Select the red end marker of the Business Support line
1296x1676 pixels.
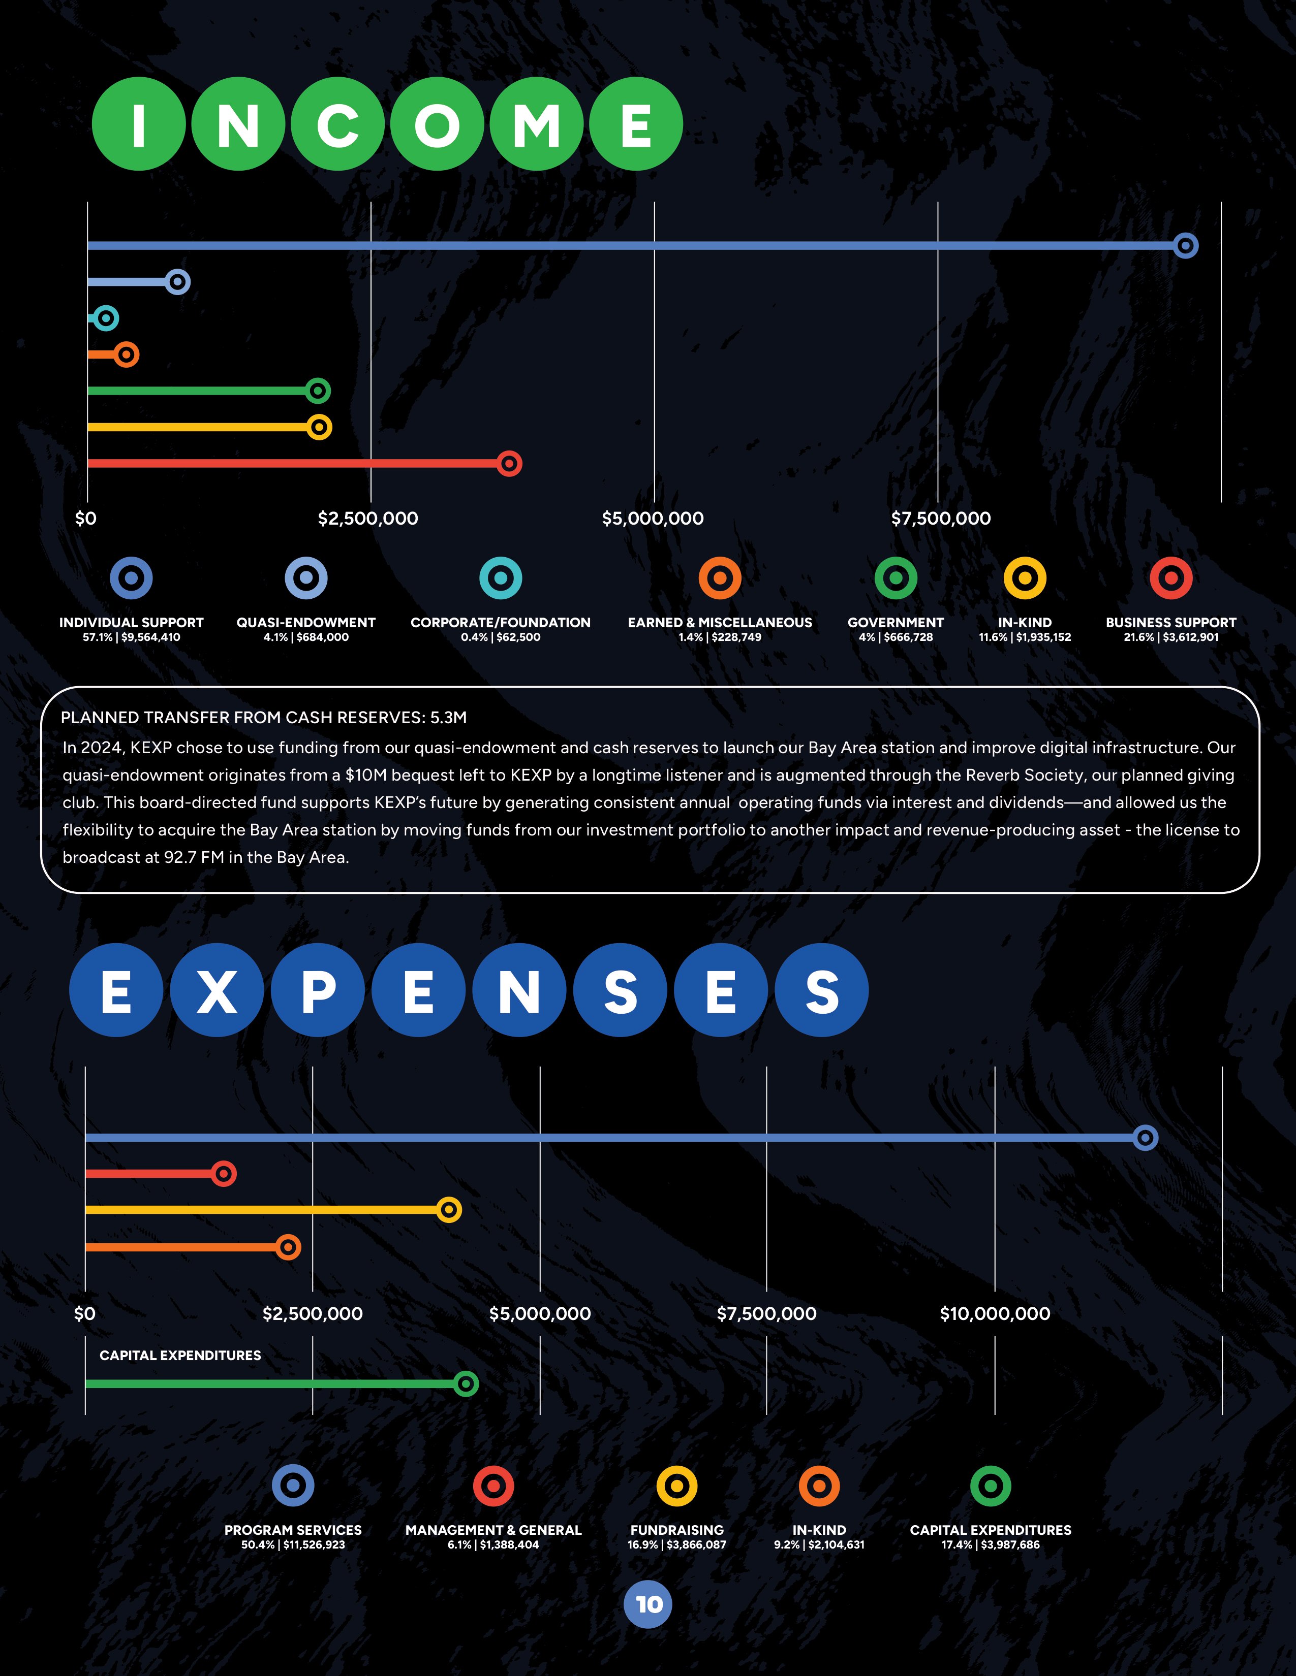click(x=509, y=464)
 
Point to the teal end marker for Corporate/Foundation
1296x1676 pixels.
click(x=105, y=318)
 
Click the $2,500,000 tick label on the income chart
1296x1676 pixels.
click(x=368, y=519)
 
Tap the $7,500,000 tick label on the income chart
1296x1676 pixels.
click(x=941, y=519)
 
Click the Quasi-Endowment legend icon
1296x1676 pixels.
click(x=305, y=578)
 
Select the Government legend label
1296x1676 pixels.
click(x=895, y=622)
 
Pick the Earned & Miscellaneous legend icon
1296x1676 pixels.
click(x=719, y=578)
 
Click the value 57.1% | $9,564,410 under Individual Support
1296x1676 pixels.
click(x=131, y=637)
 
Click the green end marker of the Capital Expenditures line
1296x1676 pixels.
click(x=465, y=1383)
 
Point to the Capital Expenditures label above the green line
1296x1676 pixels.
click(x=180, y=1355)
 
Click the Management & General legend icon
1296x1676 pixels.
click(x=493, y=1486)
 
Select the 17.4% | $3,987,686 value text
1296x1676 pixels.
click(x=991, y=1545)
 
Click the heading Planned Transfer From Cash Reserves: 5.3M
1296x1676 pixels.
click(x=263, y=718)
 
